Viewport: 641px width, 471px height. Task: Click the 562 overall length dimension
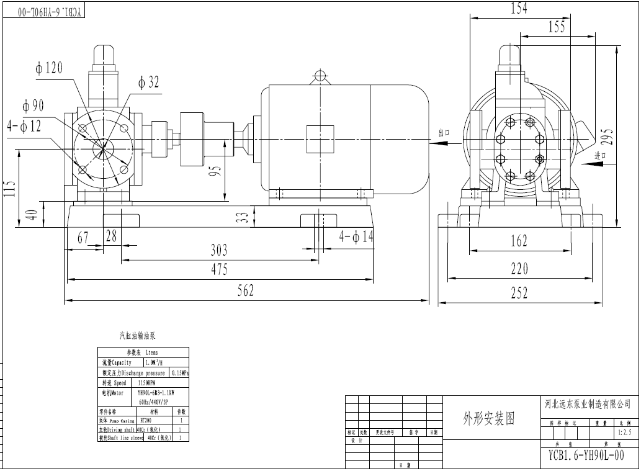click(246, 290)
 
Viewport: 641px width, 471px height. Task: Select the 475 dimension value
click(218, 269)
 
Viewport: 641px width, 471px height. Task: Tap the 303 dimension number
click(218, 250)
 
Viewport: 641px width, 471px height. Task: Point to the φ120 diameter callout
click(49, 68)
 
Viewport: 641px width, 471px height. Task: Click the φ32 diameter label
click(149, 82)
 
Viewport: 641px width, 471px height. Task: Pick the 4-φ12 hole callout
click(24, 126)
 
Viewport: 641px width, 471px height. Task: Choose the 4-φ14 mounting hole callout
click(357, 236)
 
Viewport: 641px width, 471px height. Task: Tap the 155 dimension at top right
click(557, 27)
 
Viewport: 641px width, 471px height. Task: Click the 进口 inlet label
click(600, 156)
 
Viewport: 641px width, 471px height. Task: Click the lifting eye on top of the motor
click(320, 76)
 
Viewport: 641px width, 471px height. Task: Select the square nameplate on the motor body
click(320, 137)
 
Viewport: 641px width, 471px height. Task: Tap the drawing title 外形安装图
click(489, 418)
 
